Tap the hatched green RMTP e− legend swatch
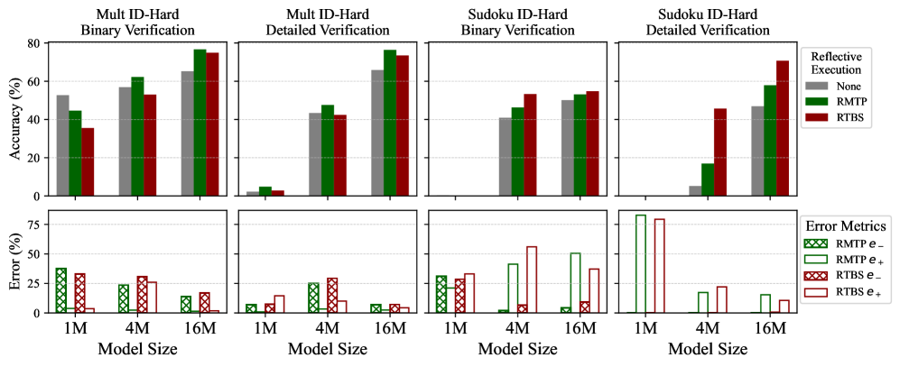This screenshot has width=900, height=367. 816,242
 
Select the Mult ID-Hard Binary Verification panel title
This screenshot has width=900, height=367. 137,22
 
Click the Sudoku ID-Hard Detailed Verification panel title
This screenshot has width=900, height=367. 707,22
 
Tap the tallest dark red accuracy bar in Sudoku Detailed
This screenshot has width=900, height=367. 783,128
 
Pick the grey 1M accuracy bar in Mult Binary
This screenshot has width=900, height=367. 62,145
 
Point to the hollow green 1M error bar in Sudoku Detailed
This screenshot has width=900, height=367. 641,263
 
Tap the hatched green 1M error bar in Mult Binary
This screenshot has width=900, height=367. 61,290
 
